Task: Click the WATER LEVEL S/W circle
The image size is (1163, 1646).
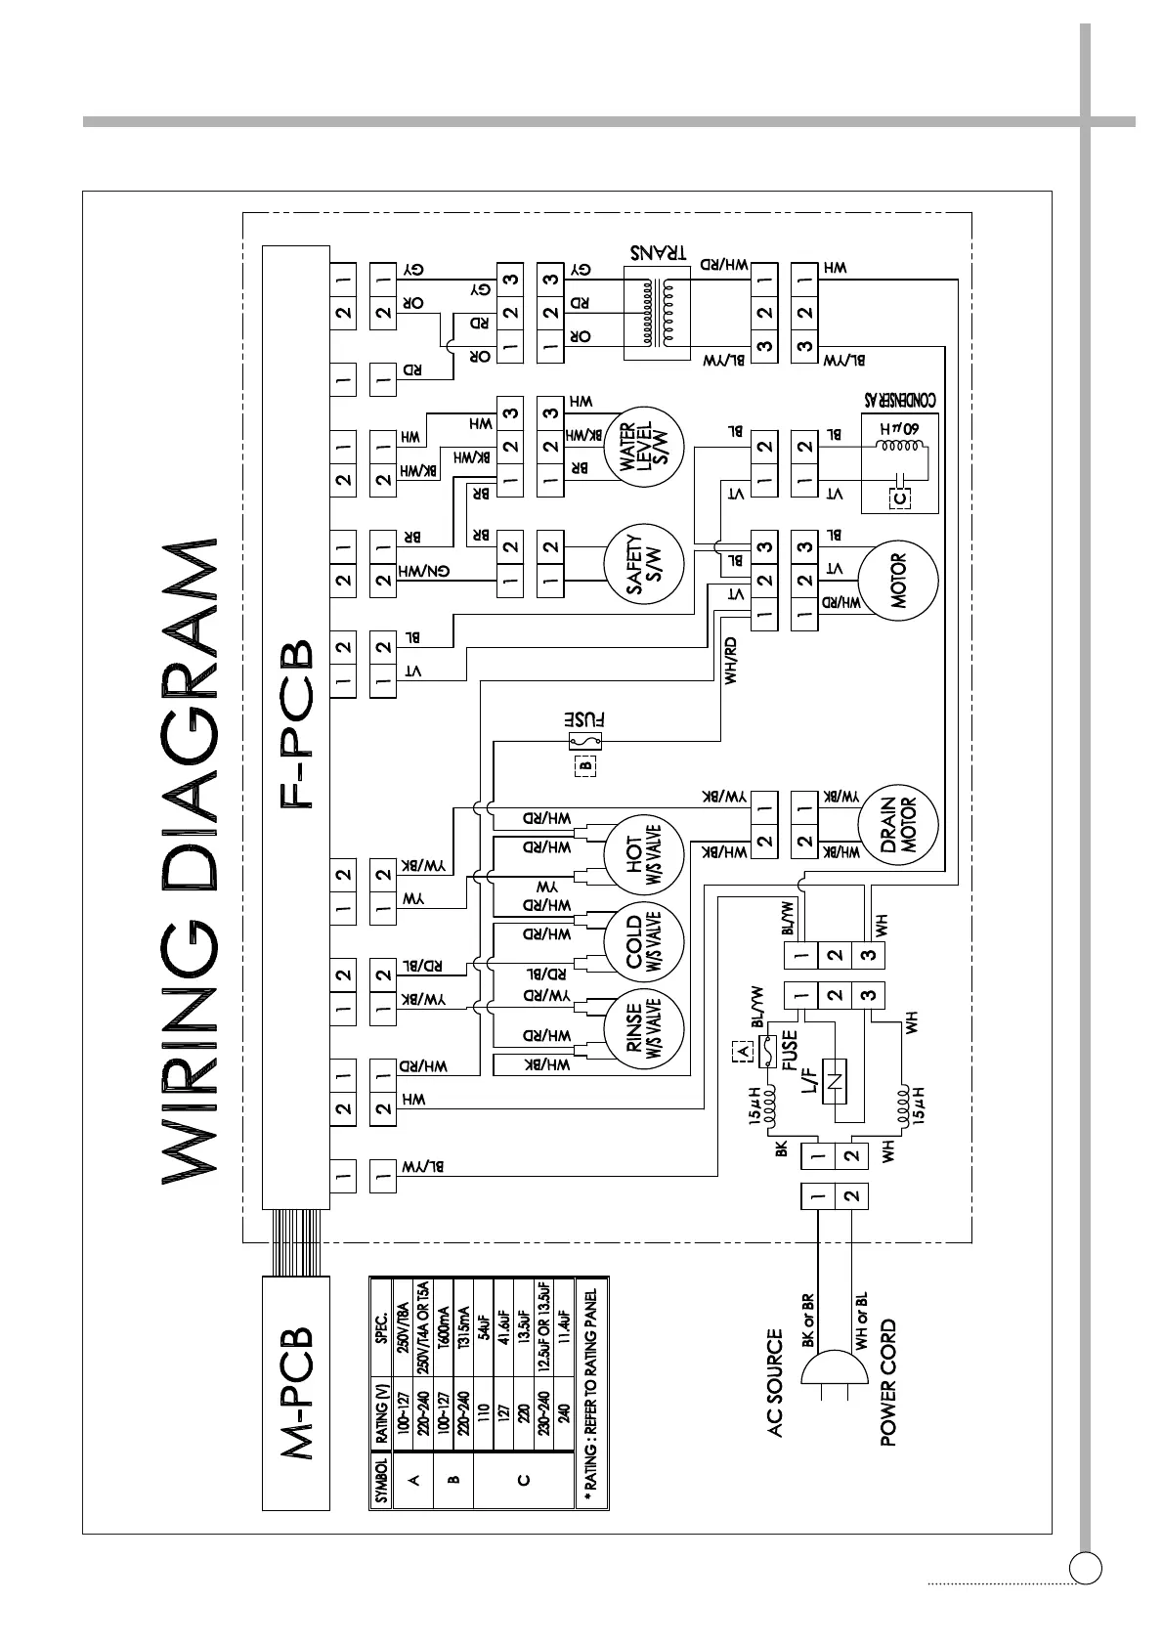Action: coord(643,449)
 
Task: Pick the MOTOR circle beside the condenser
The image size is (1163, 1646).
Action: coord(898,581)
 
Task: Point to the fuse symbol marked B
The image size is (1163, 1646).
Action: coord(584,744)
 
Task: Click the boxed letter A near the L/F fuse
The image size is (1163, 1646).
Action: coord(742,1053)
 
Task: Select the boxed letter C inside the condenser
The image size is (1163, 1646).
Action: coord(900,498)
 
